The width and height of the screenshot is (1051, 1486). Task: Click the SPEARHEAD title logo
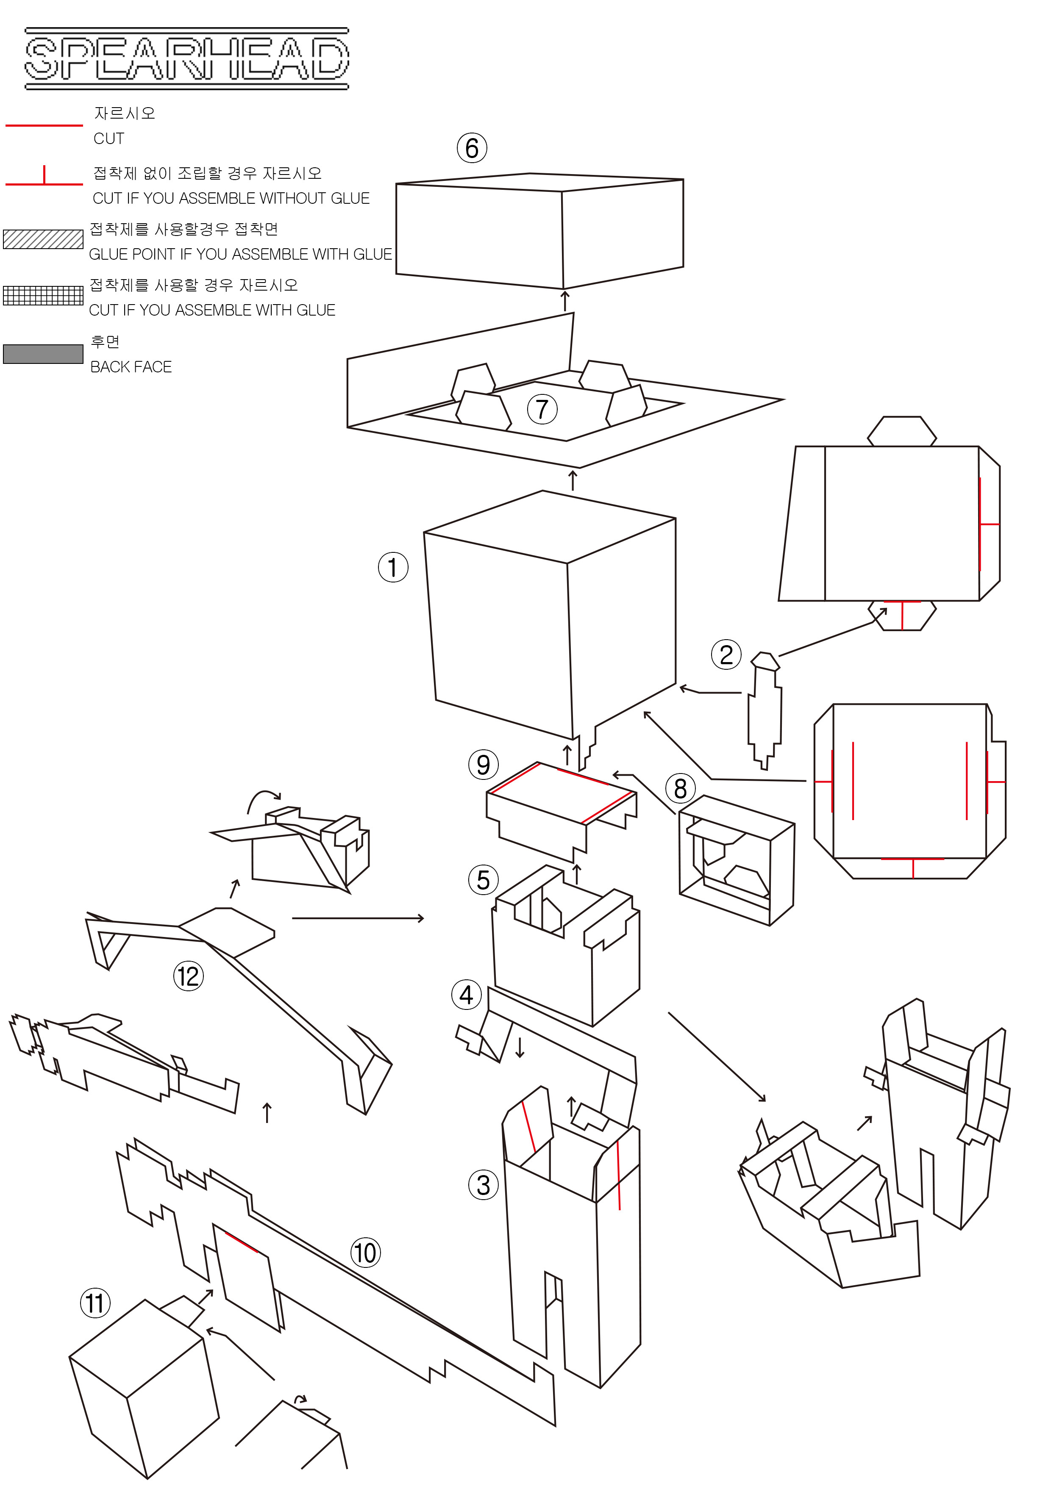tap(186, 58)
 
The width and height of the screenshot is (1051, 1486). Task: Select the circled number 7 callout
tap(542, 409)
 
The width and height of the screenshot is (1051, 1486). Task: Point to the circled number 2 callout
tap(726, 655)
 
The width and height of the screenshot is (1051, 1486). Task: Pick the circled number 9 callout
tap(483, 765)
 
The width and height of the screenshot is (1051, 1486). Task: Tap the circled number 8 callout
tap(680, 789)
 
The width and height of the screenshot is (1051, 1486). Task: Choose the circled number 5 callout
tap(483, 880)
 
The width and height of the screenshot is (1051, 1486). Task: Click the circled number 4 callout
tap(466, 995)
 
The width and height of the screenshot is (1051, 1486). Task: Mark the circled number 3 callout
tap(483, 1185)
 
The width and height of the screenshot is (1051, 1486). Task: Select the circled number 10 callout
tap(365, 1253)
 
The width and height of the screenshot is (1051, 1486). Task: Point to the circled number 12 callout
tap(188, 976)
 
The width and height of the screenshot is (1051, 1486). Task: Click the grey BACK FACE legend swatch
tap(43, 354)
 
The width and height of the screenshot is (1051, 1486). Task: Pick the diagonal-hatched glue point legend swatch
tap(43, 239)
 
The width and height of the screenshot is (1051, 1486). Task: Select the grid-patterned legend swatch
tap(43, 295)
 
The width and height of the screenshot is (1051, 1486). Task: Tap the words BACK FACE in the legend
tap(131, 367)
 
